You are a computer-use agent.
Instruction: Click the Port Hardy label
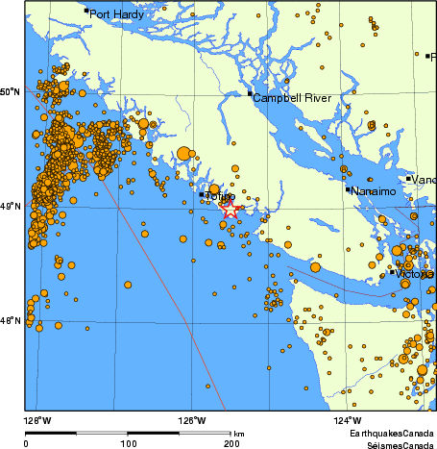[117, 15]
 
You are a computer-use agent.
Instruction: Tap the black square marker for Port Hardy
[86, 12]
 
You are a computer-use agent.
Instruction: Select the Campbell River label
[290, 98]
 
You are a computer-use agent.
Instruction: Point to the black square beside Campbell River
[250, 93]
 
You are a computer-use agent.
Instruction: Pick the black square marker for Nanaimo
[348, 189]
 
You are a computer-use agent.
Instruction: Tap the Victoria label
[414, 274]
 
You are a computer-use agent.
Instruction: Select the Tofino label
[220, 197]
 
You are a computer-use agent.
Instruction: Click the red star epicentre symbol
[230, 207]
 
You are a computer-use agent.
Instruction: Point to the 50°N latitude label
[11, 92]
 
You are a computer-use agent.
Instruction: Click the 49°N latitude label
[11, 207]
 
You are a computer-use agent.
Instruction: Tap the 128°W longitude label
[37, 420]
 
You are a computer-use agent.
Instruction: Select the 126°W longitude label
[191, 420]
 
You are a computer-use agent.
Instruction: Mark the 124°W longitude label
[347, 420]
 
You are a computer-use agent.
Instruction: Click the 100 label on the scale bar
[129, 443]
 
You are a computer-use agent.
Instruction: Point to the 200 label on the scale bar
[231, 443]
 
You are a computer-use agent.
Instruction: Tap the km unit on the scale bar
[238, 433]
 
